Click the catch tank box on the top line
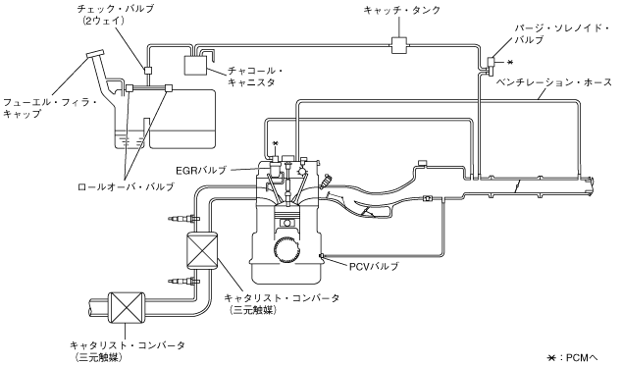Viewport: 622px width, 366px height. [x=398, y=45]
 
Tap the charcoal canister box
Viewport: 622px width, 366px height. [x=196, y=65]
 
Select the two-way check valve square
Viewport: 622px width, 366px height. [x=147, y=71]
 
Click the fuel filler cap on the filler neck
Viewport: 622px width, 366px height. [x=94, y=54]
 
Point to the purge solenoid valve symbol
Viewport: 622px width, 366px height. [x=491, y=65]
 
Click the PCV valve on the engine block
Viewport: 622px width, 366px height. [x=322, y=255]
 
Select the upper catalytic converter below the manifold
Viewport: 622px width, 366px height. [x=202, y=250]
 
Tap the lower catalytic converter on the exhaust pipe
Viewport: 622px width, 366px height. [x=126, y=307]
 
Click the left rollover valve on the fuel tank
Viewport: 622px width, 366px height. [x=129, y=87]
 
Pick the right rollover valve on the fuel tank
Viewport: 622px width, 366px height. [x=169, y=87]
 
